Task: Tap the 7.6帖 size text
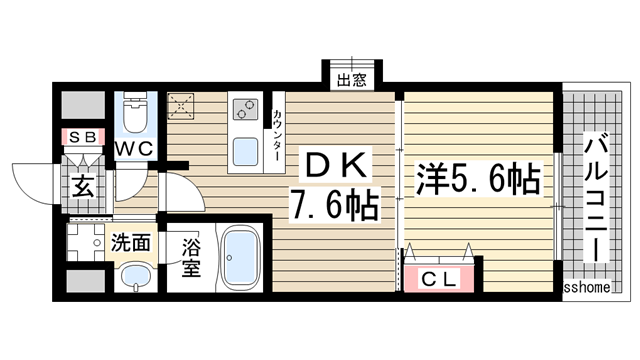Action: click(x=334, y=207)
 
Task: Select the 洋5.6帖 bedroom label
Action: click(x=477, y=180)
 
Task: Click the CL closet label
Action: click(x=440, y=279)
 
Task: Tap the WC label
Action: click(x=133, y=148)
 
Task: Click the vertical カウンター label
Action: click(x=277, y=136)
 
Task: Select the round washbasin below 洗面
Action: click(x=130, y=277)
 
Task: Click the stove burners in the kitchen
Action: click(x=245, y=108)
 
